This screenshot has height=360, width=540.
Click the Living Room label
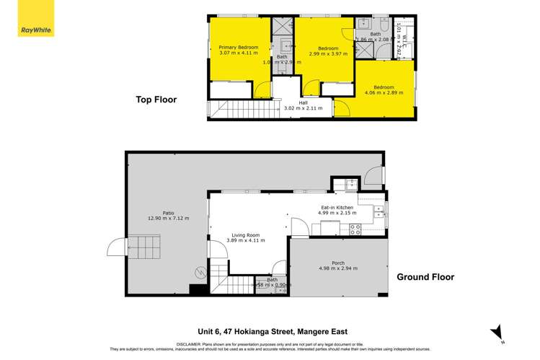click(x=242, y=234)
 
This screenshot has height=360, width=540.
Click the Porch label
click(x=338, y=263)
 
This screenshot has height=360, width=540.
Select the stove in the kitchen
click(x=355, y=230)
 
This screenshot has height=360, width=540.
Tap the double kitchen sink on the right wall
click(x=379, y=213)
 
